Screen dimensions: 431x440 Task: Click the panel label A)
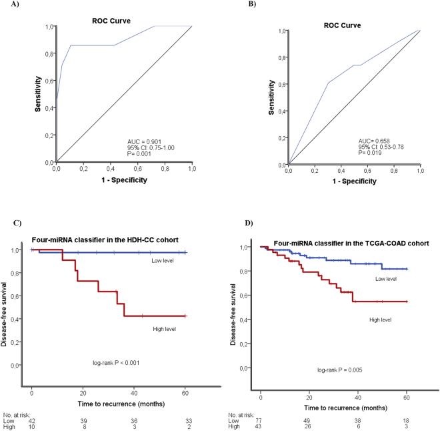click(x=10, y=7)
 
